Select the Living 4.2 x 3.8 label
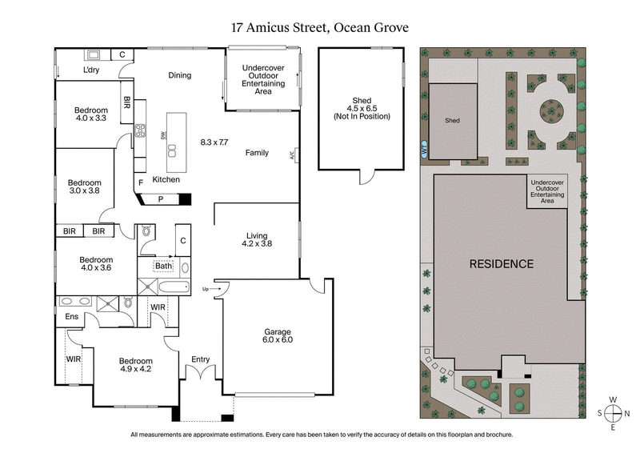[x=256, y=239]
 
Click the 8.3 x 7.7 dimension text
[x=214, y=142]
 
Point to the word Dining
[x=179, y=76]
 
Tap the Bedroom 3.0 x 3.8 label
[x=84, y=186]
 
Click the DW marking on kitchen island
[x=163, y=137]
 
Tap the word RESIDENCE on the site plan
[x=501, y=263]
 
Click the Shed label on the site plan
[x=453, y=120]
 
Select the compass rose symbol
[x=613, y=414]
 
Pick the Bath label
[x=163, y=267]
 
